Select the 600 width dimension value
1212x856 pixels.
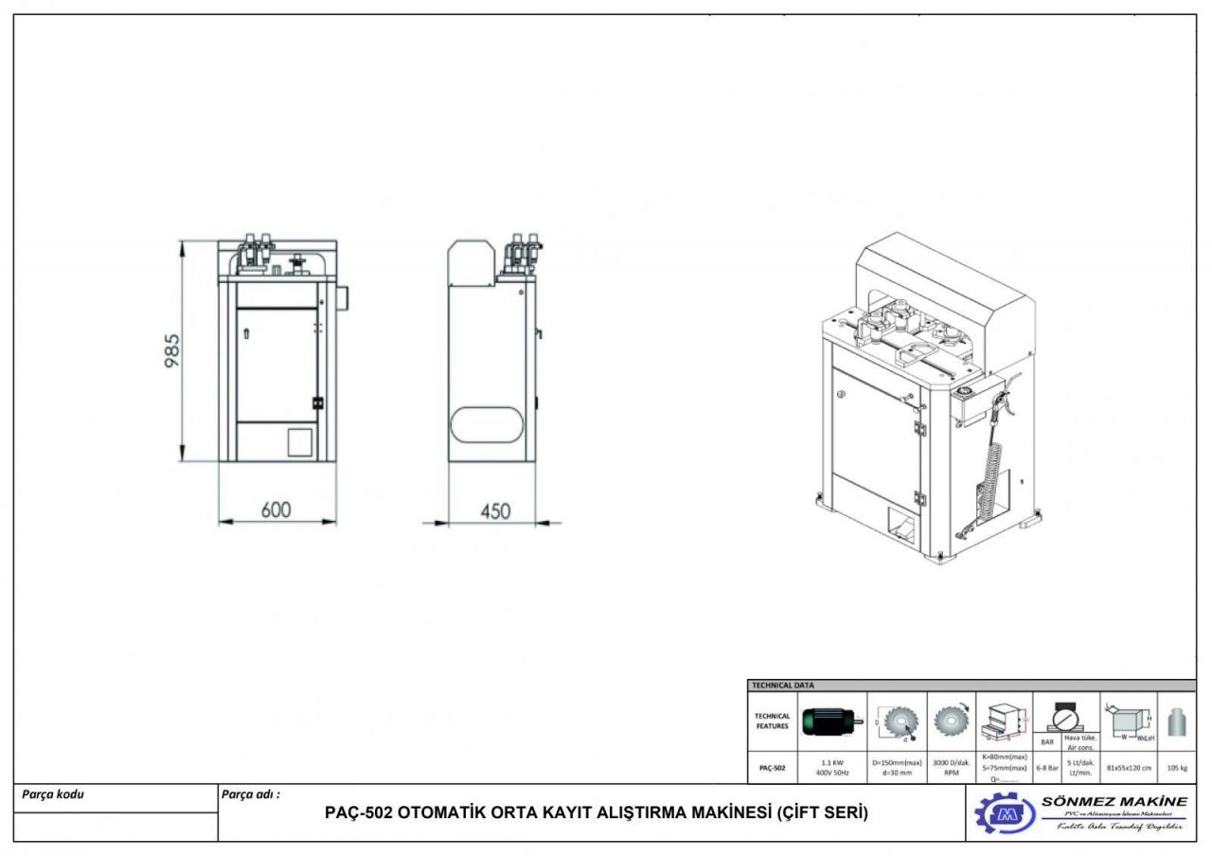[276, 510]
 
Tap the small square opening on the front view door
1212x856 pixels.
[300, 441]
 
